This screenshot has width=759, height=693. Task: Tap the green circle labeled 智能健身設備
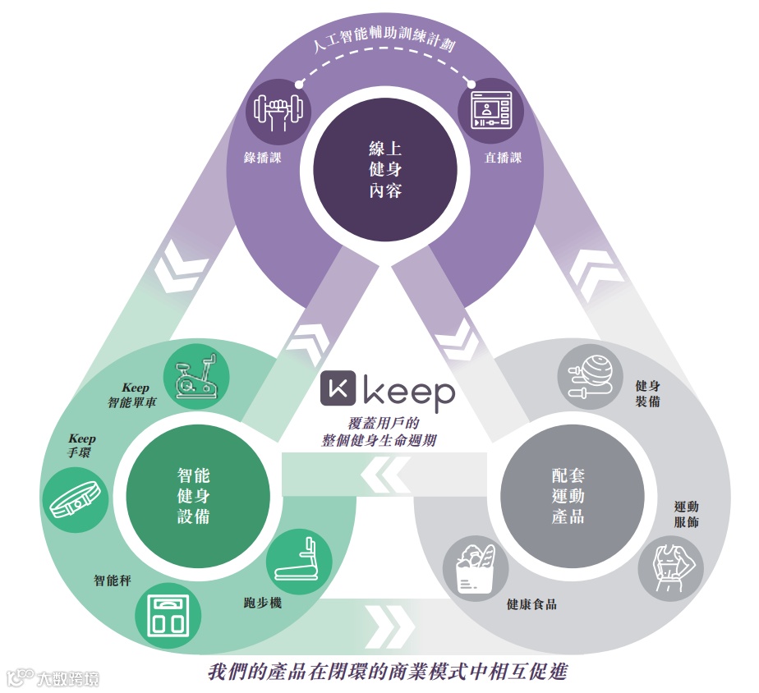click(193, 496)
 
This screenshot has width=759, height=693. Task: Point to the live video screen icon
click(490, 112)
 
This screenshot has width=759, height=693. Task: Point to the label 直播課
click(504, 158)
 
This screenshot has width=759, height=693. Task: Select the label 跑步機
click(264, 603)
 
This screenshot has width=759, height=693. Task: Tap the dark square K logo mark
click(338, 392)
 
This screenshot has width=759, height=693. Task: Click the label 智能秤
click(113, 581)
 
